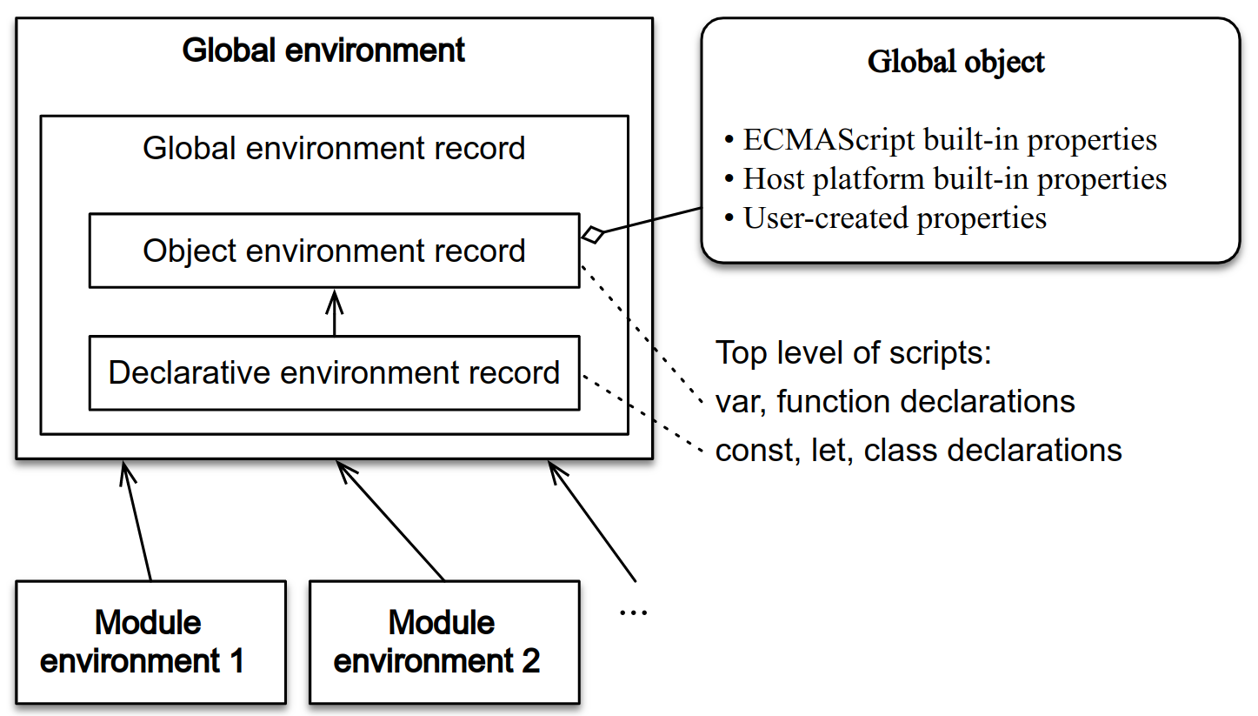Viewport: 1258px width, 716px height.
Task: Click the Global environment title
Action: pyautogui.click(x=323, y=50)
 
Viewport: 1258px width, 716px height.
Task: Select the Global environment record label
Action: pyautogui.click(x=334, y=148)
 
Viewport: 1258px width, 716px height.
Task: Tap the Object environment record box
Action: pyautogui.click(x=334, y=251)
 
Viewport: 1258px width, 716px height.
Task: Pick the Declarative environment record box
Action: pyautogui.click(x=334, y=373)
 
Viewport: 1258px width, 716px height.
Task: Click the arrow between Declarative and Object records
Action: pyautogui.click(x=335, y=312)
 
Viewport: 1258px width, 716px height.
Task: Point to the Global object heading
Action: pyautogui.click(x=956, y=63)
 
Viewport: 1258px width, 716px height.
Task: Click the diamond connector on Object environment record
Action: pyautogui.click(x=593, y=233)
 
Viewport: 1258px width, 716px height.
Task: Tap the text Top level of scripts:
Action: pyautogui.click(x=853, y=353)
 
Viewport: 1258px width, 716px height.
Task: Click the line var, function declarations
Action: pyautogui.click(x=895, y=401)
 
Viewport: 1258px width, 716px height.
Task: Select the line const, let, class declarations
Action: pyautogui.click(x=918, y=450)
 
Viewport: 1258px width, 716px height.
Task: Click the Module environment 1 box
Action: pyautogui.click(x=150, y=642)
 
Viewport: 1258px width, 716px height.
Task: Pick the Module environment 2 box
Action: pyautogui.click(x=443, y=642)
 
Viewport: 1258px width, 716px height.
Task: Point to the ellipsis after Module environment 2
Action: pyautogui.click(x=633, y=612)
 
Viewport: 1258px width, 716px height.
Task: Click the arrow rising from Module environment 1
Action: pyautogui.click(x=137, y=522)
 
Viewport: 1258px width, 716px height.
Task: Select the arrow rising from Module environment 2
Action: pyautogui.click(x=391, y=522)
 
